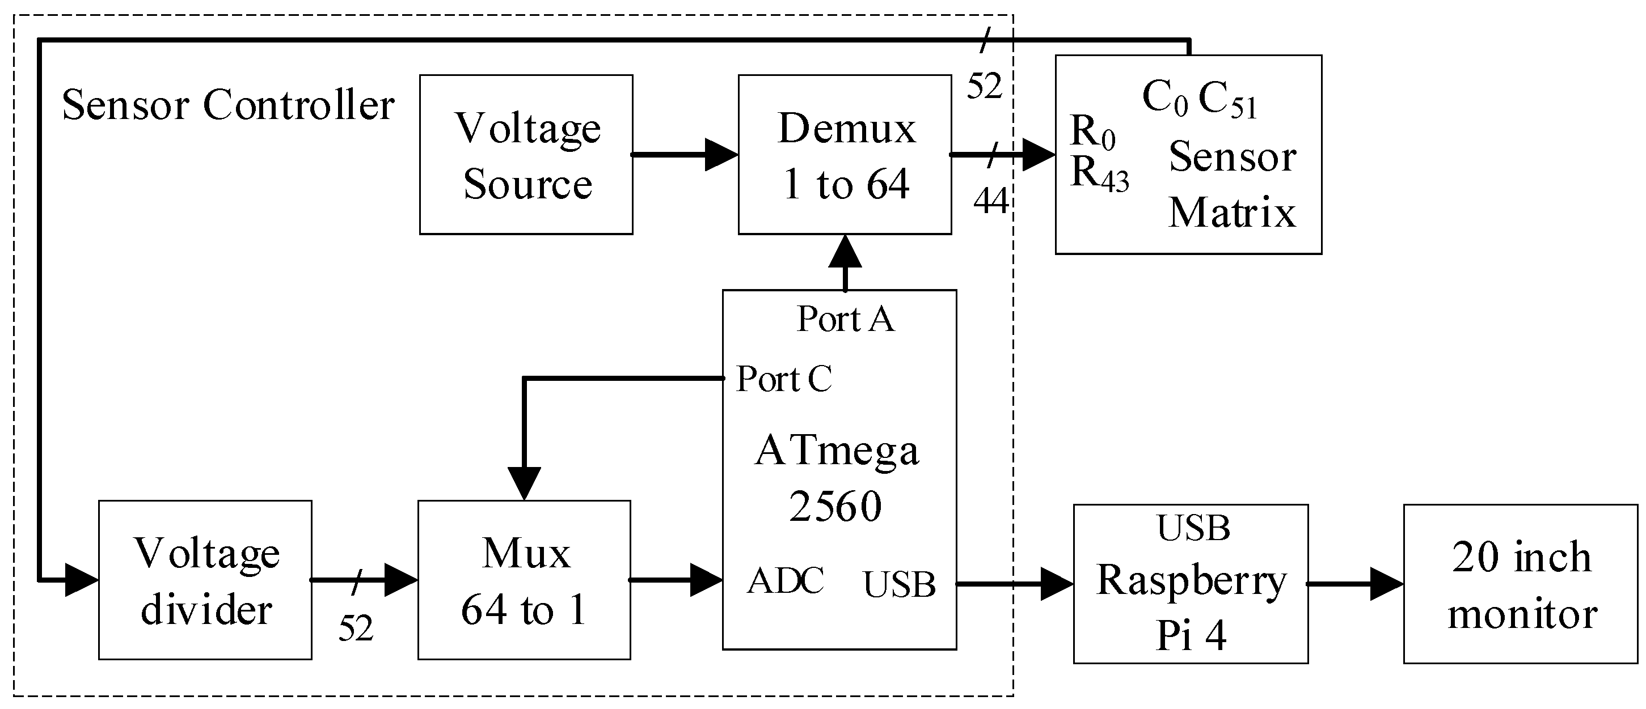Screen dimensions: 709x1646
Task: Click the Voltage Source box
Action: pos(526,155)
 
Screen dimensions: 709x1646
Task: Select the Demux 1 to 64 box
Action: pos(845,155)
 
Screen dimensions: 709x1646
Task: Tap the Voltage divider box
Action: pos(205,579)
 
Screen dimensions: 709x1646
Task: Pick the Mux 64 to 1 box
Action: pos(524,579)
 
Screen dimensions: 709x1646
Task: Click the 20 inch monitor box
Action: pos(1521,584)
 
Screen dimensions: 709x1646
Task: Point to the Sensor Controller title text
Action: pos(228,105)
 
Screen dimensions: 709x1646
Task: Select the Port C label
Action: pos(784,379)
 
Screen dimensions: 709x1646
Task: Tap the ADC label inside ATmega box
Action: pos(786,580)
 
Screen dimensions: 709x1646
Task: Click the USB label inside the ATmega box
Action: pos(899,584)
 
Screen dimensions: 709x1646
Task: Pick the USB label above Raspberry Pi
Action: pos(1193,528)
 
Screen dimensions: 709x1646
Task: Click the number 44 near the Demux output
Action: pos(990,201)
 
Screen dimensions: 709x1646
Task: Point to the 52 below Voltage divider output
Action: pos(356,629)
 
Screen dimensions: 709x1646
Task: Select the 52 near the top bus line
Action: pos(984,86)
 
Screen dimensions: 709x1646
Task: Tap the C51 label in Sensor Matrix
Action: pos(1227,101)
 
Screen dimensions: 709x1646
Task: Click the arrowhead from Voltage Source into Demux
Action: pos(721,155)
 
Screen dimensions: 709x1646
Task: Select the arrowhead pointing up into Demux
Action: pos(845,252)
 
